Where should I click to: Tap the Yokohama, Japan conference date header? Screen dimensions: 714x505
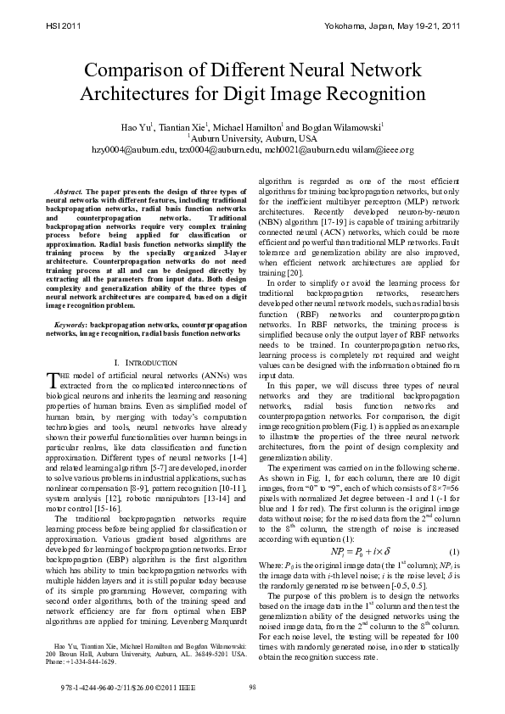point(392,27)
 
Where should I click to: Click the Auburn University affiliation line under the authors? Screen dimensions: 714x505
point(252,138)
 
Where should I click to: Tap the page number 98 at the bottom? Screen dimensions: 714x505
point(252,687)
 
